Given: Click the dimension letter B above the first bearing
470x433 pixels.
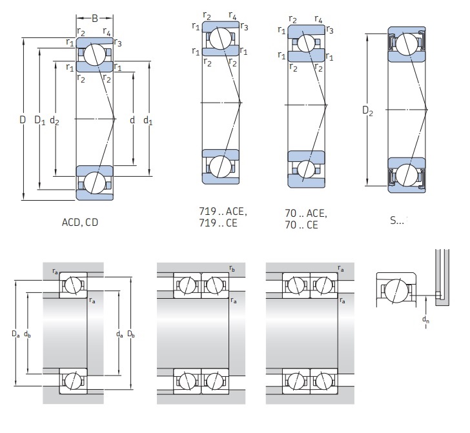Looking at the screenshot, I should pyautogui.click(x=94, y=19).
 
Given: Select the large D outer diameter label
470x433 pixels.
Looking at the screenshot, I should pyautogui.click(x=22, y=119).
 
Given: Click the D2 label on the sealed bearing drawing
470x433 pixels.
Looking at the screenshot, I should pyautogui.click(x=368, y=111).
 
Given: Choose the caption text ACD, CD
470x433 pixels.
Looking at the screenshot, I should pyautogui.click(x=80, y=221).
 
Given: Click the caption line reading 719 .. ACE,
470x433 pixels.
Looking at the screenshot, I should pyautogui.click(x=224, y=212).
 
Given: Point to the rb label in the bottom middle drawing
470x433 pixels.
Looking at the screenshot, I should pyautogui.click(x=232, y=267).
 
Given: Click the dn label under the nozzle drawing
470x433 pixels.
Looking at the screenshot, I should pyautogui.click(x=425, y=320).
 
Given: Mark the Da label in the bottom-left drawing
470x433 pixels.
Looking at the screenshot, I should pyautogui.click(x=15, y=334).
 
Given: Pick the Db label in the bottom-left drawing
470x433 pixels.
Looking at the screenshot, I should pyautogui.click(x=131, y=334).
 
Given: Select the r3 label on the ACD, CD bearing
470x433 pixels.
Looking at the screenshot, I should pyautogui.click(x=117, y=43).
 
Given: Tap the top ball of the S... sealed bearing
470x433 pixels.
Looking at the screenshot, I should pyautogui.click(x=407, y=44).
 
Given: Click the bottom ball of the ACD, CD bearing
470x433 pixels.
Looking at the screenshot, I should pyautogui.click(x=94, y=182).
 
